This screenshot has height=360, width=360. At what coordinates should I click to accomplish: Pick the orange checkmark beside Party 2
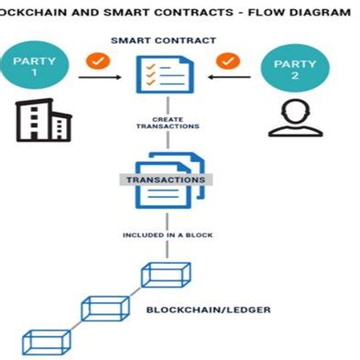[228, 62]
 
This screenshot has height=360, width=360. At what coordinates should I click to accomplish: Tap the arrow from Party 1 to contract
[104, 79]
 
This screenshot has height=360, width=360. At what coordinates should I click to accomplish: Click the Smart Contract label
[163, 41]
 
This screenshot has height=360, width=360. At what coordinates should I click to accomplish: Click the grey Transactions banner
[165, 180]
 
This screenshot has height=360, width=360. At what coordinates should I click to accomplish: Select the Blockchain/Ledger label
[208, 310]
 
